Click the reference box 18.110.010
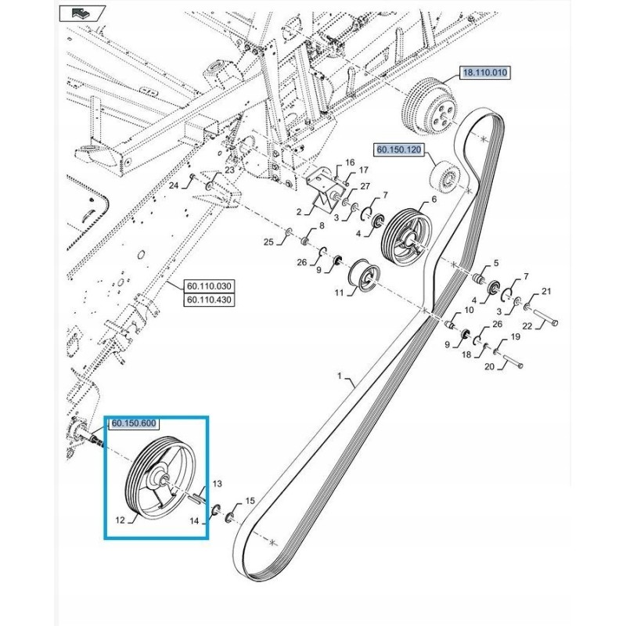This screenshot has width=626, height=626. [x=484, y=73]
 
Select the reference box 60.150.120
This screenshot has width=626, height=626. [x=399, y=149]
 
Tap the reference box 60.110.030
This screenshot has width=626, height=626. [x=209, y=286]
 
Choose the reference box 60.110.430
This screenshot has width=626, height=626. [x=209, y=300]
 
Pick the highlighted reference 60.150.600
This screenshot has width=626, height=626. [x=134, y=423]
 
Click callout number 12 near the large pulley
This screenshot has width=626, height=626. [x=121, y=520]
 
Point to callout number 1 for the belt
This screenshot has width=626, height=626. [x=340, y=376]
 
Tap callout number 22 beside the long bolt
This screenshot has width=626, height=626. [x=527, y=326]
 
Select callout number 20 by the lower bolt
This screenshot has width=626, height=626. [x=490, y=366]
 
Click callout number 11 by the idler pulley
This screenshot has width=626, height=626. [x=339, y=293]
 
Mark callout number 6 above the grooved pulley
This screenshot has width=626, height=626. [x=434, y=200]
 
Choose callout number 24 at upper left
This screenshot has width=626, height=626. [x=174, y=185]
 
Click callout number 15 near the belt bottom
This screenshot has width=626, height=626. [x=250, y=501]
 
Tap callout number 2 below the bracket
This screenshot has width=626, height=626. [x=299, y=212]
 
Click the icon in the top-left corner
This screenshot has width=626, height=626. [x=82, y=13]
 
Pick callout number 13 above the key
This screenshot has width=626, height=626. [x=217, y=484]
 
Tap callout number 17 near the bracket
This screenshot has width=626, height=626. [x=363, y=171]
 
